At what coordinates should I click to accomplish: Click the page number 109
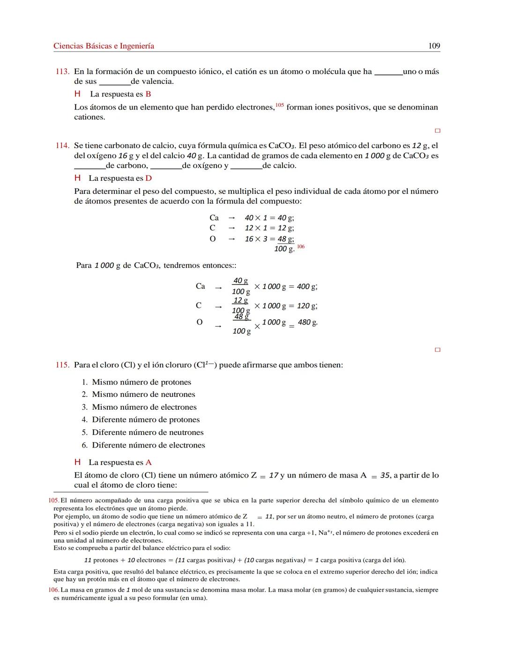click(x=434, y=46)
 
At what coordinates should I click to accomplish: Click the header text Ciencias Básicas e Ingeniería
click(x=104, y=46)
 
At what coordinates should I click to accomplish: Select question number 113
click(x=62, y=72)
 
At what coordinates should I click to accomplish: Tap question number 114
click(x=62, y=146)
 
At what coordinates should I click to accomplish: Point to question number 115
click(x=62, y=365)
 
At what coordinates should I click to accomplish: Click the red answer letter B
click(x=148, y=94)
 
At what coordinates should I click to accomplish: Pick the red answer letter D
click(x=149, y=178)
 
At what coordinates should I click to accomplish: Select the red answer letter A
click(x=149, y=463)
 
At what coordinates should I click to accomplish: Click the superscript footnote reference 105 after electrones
click(x=280, y=105)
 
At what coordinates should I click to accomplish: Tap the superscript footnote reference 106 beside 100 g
click(x=301, y=246)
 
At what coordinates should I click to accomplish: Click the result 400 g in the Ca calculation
click(x=307, y=287)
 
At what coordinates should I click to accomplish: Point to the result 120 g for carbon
click(x=307, y=306)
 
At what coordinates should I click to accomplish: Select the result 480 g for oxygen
click(x=308, y=323)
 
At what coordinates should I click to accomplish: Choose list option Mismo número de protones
click(x=141, y=382)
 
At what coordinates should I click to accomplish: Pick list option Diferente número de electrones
click(x=148, y=445)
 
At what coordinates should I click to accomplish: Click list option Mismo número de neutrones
click(x=143, y=395)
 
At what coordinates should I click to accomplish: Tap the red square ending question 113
click(x=438, y=131)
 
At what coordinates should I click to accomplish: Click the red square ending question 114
click(x=438, y=350)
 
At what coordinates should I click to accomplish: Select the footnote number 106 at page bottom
click(x=54, y=590)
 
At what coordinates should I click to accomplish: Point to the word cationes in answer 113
click(x=89, y=117)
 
